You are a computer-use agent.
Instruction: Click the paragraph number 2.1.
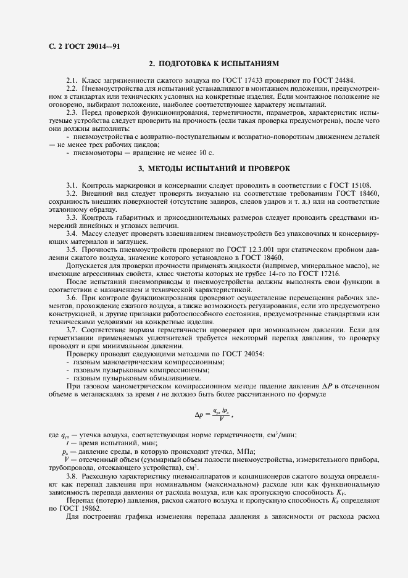[72, 81]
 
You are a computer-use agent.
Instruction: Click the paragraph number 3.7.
[72, 330]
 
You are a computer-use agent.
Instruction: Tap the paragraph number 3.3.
[72, 218]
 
